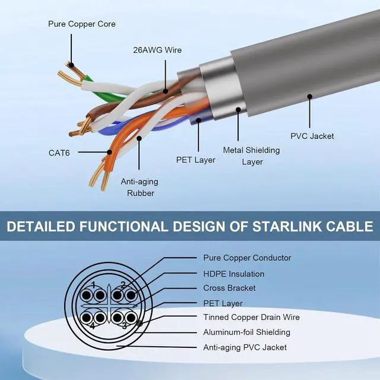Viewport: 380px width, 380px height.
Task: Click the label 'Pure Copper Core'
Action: [82, 24]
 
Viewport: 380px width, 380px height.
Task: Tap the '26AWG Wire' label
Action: [158, 50]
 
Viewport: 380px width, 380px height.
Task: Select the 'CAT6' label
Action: [59, 153]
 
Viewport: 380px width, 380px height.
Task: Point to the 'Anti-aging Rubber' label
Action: [140, 187]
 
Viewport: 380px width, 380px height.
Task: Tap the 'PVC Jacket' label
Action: [312, 136]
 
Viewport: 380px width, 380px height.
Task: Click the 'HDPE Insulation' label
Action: [234, 274]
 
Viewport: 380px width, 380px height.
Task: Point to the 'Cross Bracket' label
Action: [229, 288]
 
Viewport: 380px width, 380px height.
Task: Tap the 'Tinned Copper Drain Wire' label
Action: [251, 318]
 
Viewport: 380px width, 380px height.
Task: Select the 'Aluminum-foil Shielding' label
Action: [247, 332]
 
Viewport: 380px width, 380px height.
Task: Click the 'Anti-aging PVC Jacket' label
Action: [245, 347]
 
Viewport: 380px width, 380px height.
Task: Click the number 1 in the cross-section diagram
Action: [93, 283]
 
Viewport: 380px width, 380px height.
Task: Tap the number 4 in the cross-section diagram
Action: [93, 326]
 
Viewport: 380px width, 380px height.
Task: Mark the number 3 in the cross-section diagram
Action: [123, 326]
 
